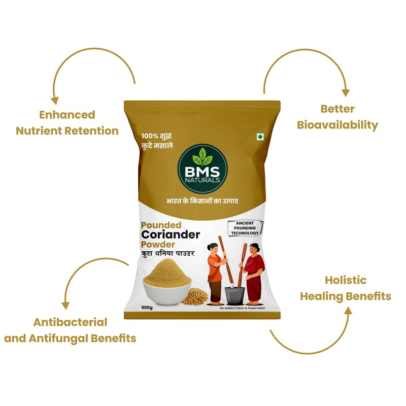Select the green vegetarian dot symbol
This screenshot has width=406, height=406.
(259, 137)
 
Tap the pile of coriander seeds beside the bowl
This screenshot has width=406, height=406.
(194, 296)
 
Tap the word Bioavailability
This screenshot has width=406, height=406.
(337, 125)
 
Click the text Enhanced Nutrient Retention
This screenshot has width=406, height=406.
(67, 123)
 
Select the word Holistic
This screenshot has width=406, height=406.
(345, 280)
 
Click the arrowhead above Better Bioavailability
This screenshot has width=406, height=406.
(345, 93)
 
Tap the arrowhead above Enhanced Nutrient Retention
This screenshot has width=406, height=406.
(54, 100)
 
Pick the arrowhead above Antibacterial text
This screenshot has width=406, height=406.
(65, 306)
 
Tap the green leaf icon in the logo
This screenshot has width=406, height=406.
(202, 153)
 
